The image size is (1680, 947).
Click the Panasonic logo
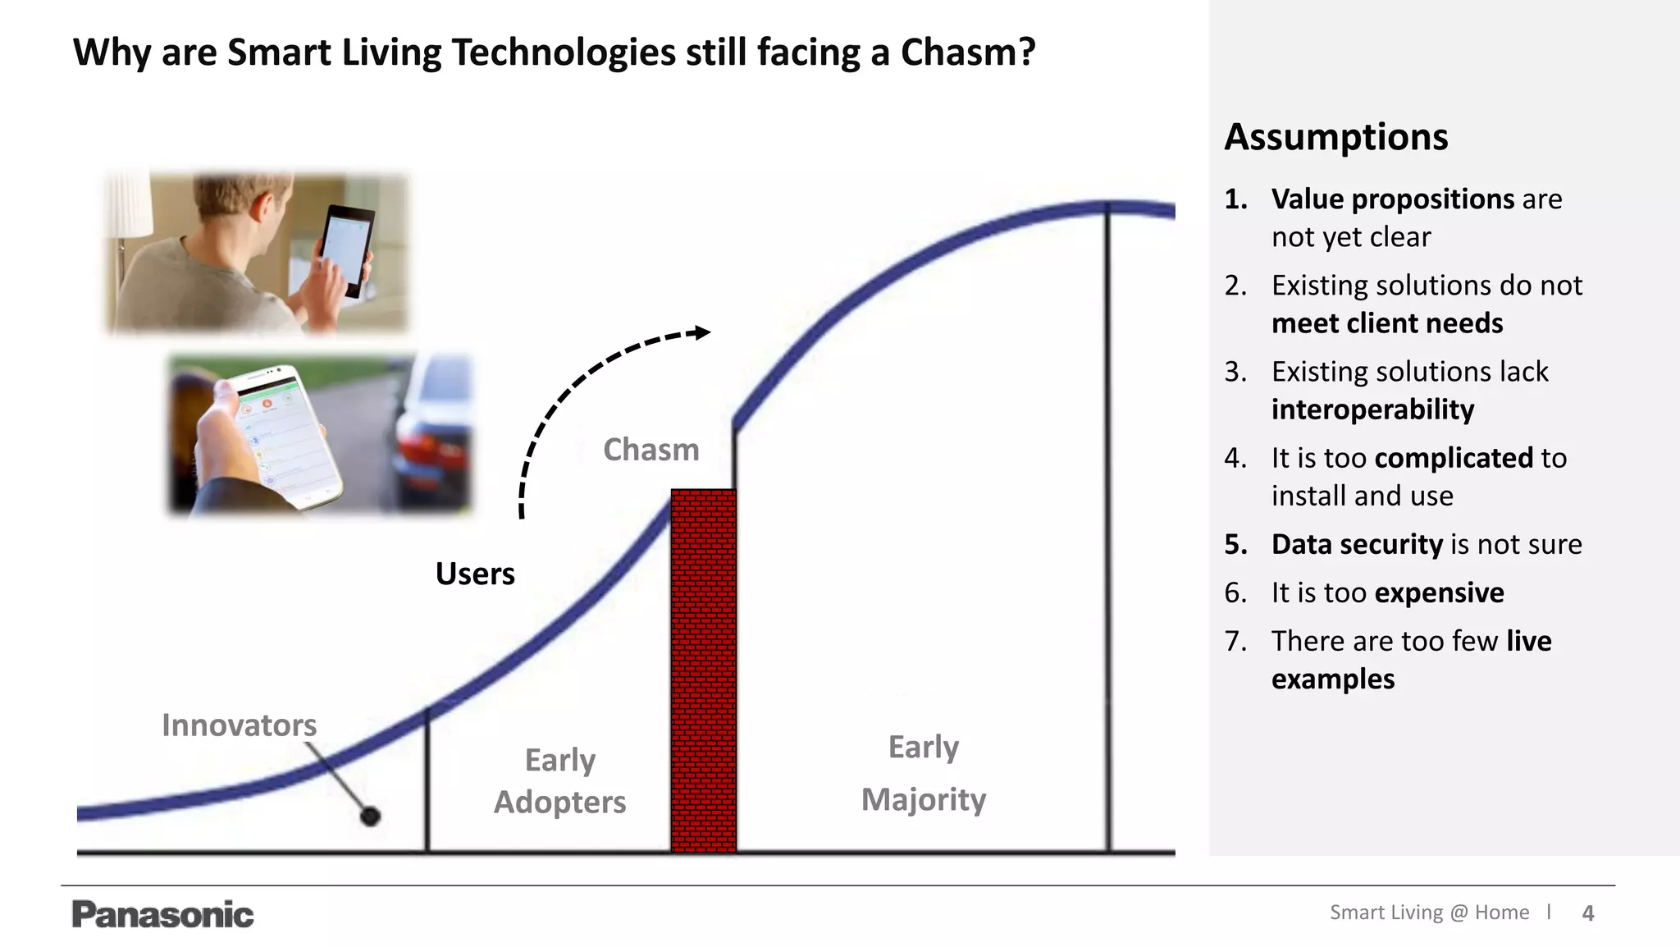[x=162, y=914]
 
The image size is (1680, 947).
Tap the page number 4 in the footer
[x=1588, y=913]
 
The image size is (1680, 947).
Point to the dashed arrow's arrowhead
[x=702, y=332]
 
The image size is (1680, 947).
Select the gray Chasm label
[x=651, y=450]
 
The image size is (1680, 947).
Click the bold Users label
[x=475, y=574]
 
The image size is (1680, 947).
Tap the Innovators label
[x=239, y=725]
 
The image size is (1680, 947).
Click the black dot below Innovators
[x=370, y=816]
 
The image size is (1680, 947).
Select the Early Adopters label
[x=559, y=780]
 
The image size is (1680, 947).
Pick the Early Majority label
[x=923, y=773]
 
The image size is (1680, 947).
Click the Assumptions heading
[x=1335, y=137]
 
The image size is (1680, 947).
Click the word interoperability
[x=1372, y=409]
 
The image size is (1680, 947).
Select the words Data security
[x=1357, y=544]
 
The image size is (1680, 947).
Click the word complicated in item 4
[x=1453, y=458]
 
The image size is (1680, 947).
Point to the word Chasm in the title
[x=967, y=53]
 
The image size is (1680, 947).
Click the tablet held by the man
[x=347, y=249]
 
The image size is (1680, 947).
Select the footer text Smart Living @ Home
[x=1429, y=913]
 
